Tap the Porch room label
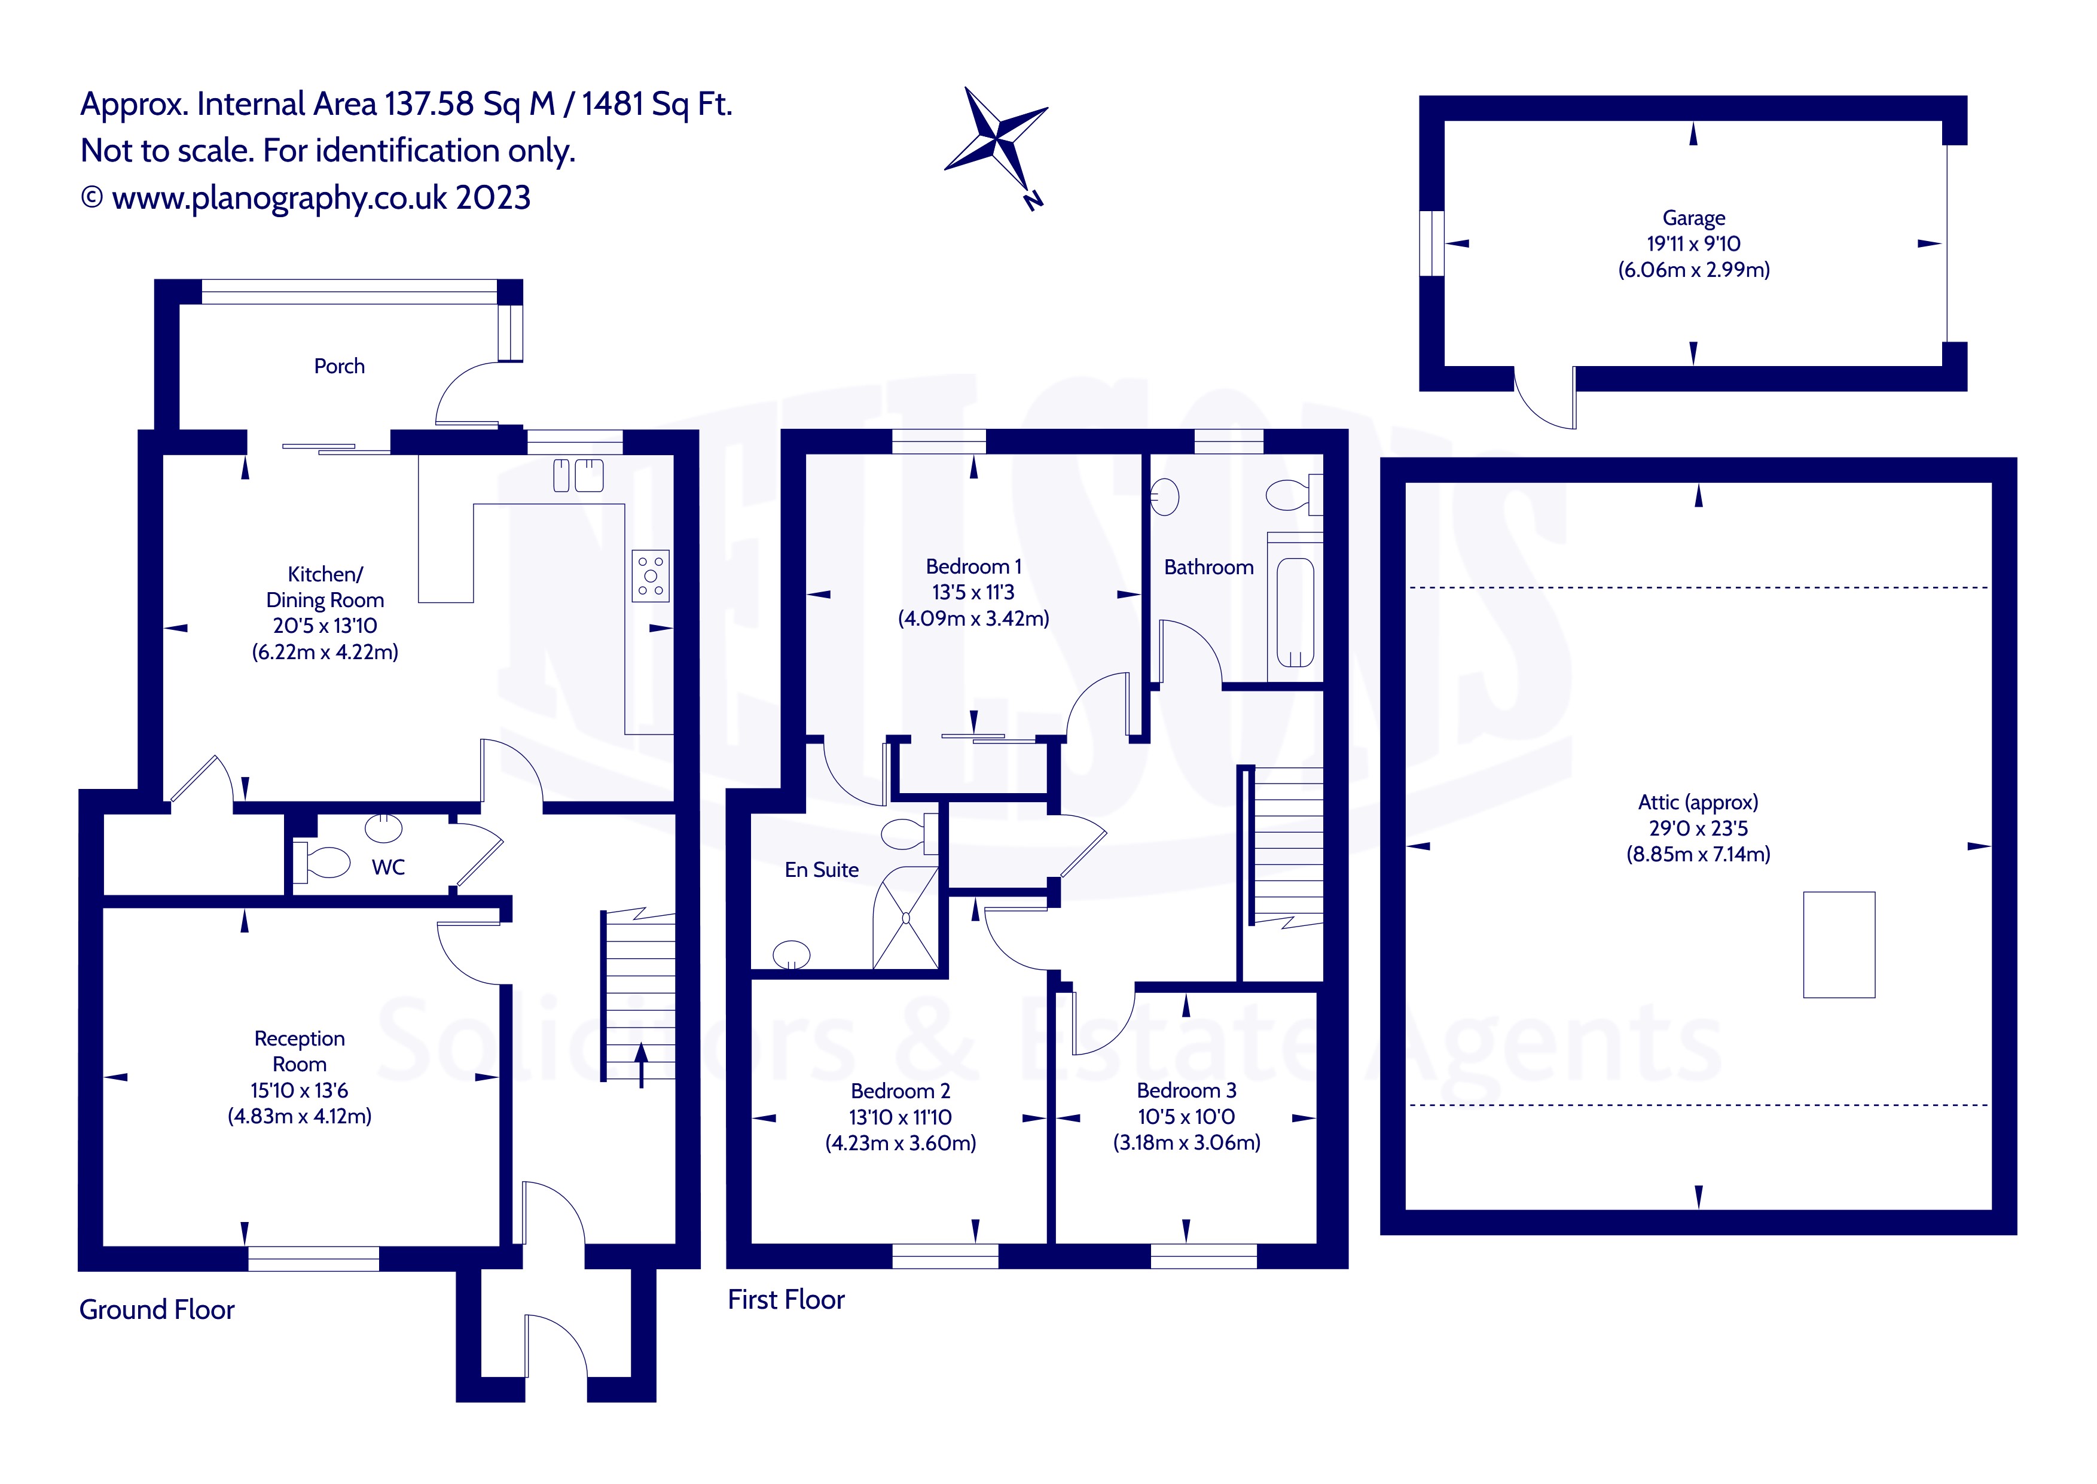pyautogui.click(x=339, y=367)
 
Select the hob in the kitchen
pyautogui.click(x=651, y=575)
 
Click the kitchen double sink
pyautogui.click(x=579, y=475)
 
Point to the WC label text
pyautogui.click(x=388, y=867)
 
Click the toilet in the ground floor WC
pyautogui.click(x=324, y=863)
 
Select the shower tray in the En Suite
pyautogui.click(x=905, y=918)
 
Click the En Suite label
pyautogui.click(x=821, y=870)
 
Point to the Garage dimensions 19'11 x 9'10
pyautogui.click(x=1693, y=244)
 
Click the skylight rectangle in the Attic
pyautogui.click(x=1839, y=944)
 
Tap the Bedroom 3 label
pyautogui.click(x=1186, y=1090)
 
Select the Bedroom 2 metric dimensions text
pyautogui.click(x=901, y=1143)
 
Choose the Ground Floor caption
pyautogui.click(x=157, y=1309)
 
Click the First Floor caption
pyautogui.click(x=786, y=1299)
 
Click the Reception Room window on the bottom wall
pyautogui.click(x=313, y=1258)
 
